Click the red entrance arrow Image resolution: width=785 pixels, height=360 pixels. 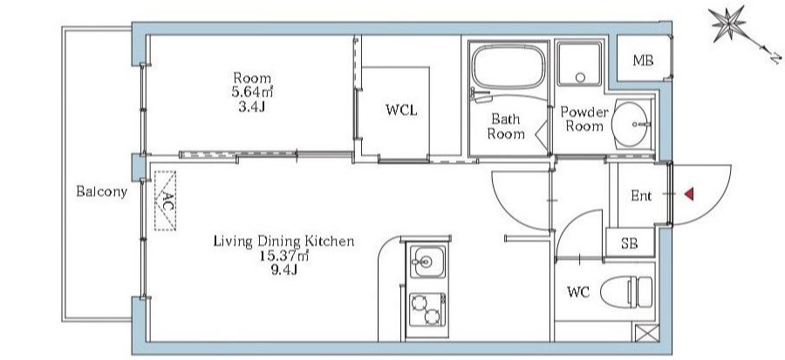click(689, 194)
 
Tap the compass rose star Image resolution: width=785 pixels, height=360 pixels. click(727, 24)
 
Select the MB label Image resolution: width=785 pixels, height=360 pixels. click(643, 61)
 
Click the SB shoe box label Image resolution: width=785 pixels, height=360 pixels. click(629, 243)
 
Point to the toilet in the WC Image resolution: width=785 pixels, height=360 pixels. click(627, 293)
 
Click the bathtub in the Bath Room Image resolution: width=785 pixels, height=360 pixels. click(509, 67)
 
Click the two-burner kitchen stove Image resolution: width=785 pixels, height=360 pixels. click(427, 309)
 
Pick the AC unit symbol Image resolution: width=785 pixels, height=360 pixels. click(165, 200)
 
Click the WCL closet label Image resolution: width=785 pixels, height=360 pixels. click(401, 110)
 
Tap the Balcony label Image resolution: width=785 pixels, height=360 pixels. click(102, 192)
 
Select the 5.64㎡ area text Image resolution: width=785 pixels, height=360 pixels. click(252, 92)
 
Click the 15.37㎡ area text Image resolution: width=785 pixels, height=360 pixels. click(283, 256)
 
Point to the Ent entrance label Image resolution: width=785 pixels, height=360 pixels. click(641, 196)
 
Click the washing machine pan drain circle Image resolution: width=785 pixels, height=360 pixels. click(580, 78)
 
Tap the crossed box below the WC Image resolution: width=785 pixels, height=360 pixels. click(647, 333)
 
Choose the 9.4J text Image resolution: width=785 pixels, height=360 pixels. click(283, 270)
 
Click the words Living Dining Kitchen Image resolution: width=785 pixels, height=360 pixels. click(283, 241)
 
